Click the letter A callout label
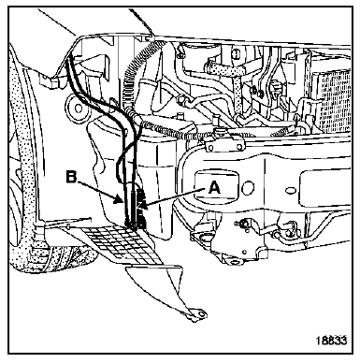214,188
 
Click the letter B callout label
72,177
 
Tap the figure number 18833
331,341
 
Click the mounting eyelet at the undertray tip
200,313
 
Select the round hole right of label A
248,188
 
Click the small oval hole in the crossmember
291,190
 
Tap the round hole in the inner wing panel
76,107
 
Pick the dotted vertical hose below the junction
238,94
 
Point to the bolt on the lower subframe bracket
243,223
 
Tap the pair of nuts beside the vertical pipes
256,91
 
